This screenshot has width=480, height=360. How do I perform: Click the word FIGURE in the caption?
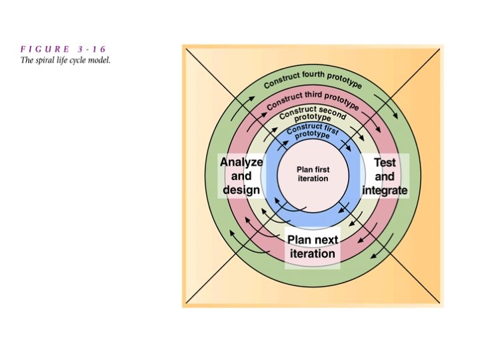[x=42, y=49]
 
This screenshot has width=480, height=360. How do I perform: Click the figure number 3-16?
[x=90, y=49]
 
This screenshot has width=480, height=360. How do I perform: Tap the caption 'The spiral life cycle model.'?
[x=65, y=60]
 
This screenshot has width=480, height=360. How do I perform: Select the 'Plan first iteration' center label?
[x=313, y=175]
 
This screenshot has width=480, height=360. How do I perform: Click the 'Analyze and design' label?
[x=241, y=176]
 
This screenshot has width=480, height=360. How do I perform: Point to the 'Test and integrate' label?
[x=385, y=177]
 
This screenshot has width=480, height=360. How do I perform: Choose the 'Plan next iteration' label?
[x=313, y=247]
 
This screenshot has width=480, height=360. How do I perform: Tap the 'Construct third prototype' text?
[x=313, y=101]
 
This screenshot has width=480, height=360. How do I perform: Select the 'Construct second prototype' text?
[x=313, y=115]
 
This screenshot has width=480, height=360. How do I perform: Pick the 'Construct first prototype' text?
[x=313, y=130]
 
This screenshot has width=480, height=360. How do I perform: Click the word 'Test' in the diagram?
[x=385, y=163]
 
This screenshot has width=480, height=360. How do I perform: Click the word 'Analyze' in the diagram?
[x=241, y=162]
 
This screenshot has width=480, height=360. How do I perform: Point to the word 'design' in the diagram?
[x=241, y=190]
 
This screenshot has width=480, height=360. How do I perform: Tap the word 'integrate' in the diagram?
[x=385, y=191]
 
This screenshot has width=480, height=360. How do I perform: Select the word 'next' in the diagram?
[x=324, y=240]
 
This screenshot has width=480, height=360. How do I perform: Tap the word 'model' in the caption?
[x=99, y=60]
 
